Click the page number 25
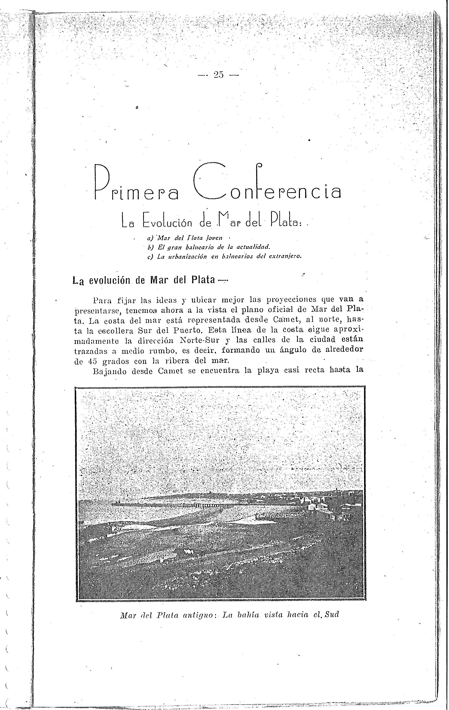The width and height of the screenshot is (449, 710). (x=219, y=75)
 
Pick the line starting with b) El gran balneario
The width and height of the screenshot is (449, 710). (x=209, y=247)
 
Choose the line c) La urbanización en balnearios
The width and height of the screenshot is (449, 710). (x=224, y=256)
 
